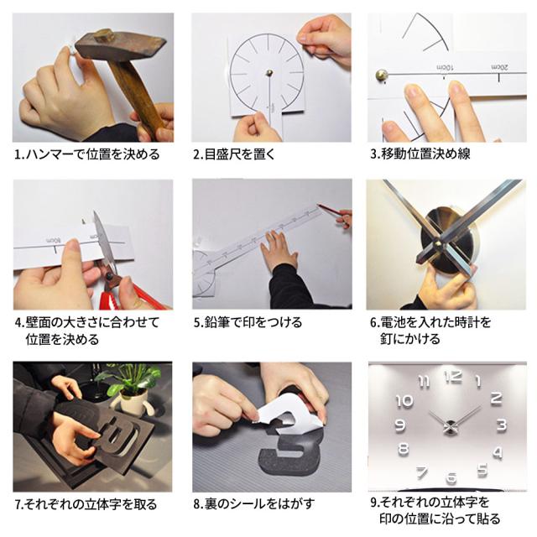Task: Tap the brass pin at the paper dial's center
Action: coord(270,73)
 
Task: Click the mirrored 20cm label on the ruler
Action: coord(499,67)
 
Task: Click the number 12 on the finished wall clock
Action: coord(453,377)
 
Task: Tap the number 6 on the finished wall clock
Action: coord(452,477)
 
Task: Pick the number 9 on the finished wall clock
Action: coord(399,425)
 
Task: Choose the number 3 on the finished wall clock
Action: coord(502,425)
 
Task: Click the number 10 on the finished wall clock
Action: coord(404,401)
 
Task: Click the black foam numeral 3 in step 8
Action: coord(295,450)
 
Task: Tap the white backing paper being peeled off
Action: coord(288,409)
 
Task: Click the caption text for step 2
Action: coord(234,154)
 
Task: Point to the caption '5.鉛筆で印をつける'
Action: coord(248,322)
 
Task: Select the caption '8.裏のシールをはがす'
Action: coord(253,504)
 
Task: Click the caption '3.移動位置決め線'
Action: coord(420,154)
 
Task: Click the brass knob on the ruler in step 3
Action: coord(382,75)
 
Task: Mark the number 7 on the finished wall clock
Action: coord(422,473)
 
